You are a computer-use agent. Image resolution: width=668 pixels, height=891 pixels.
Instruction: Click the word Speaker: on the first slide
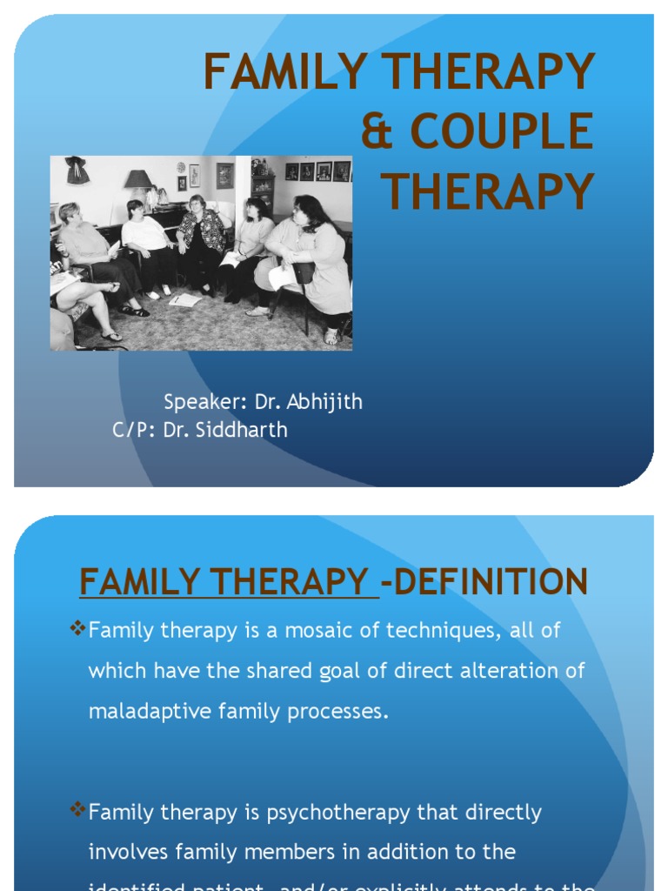(199, 402)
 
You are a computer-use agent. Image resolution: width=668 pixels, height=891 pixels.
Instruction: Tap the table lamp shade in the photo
(138, 178)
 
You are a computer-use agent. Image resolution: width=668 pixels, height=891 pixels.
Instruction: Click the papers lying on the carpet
(185, 299)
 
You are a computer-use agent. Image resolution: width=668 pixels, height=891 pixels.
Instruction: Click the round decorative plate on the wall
(180, 167)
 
